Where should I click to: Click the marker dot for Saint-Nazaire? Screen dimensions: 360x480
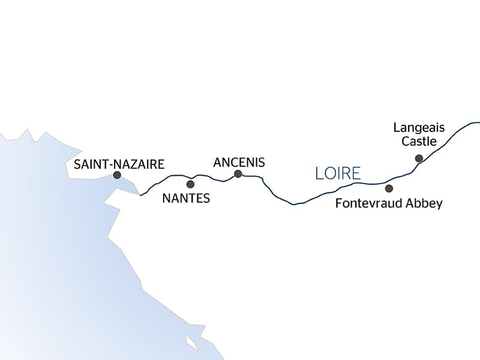pyautogui.click(x=117, y=175)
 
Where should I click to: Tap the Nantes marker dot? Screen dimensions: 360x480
pyautogui.click(x=190, y=184)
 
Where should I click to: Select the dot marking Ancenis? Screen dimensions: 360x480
pyautogui.click(x=238, y=174)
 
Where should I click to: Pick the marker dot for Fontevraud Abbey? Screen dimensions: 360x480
pyautogui.click(x=389, y=188)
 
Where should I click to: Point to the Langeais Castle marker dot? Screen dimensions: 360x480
pyautogui.click(x=419, y=158)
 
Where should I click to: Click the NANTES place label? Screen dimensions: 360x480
pyautogui.click(x=186, y=198)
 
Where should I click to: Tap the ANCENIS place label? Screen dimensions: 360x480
pyautogui.click(x=239, y=162)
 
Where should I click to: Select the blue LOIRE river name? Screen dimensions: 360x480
pyautogui.click(x=338, y=174)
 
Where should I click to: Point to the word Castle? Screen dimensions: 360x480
pyautogui.click(x=419, y=142)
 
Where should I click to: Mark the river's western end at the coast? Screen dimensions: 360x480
pyautogui.click(x=140, y=195)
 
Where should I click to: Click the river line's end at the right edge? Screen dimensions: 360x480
pyautogui.click(x=478, y=122)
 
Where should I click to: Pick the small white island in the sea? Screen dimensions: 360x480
pyautogui.click(x=192, y=344)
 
